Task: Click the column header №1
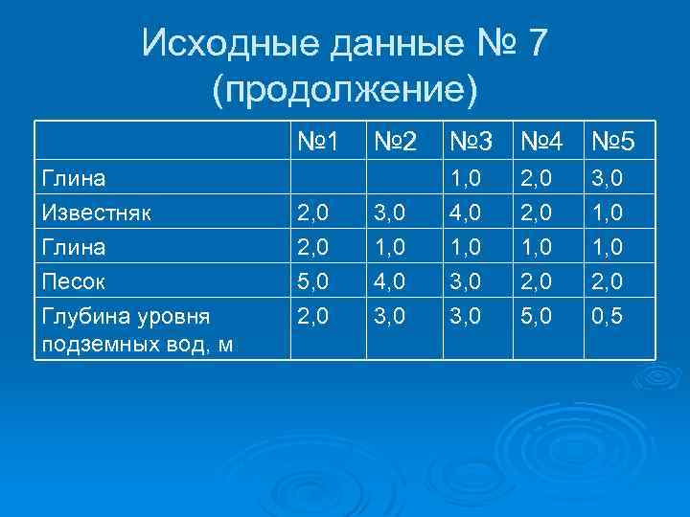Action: [x=317, y=144]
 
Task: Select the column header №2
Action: [x=394, y=144]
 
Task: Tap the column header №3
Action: [x=470, y=144]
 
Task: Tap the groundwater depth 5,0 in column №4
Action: [x=538, y=316]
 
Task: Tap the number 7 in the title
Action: [x=535, y=43]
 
